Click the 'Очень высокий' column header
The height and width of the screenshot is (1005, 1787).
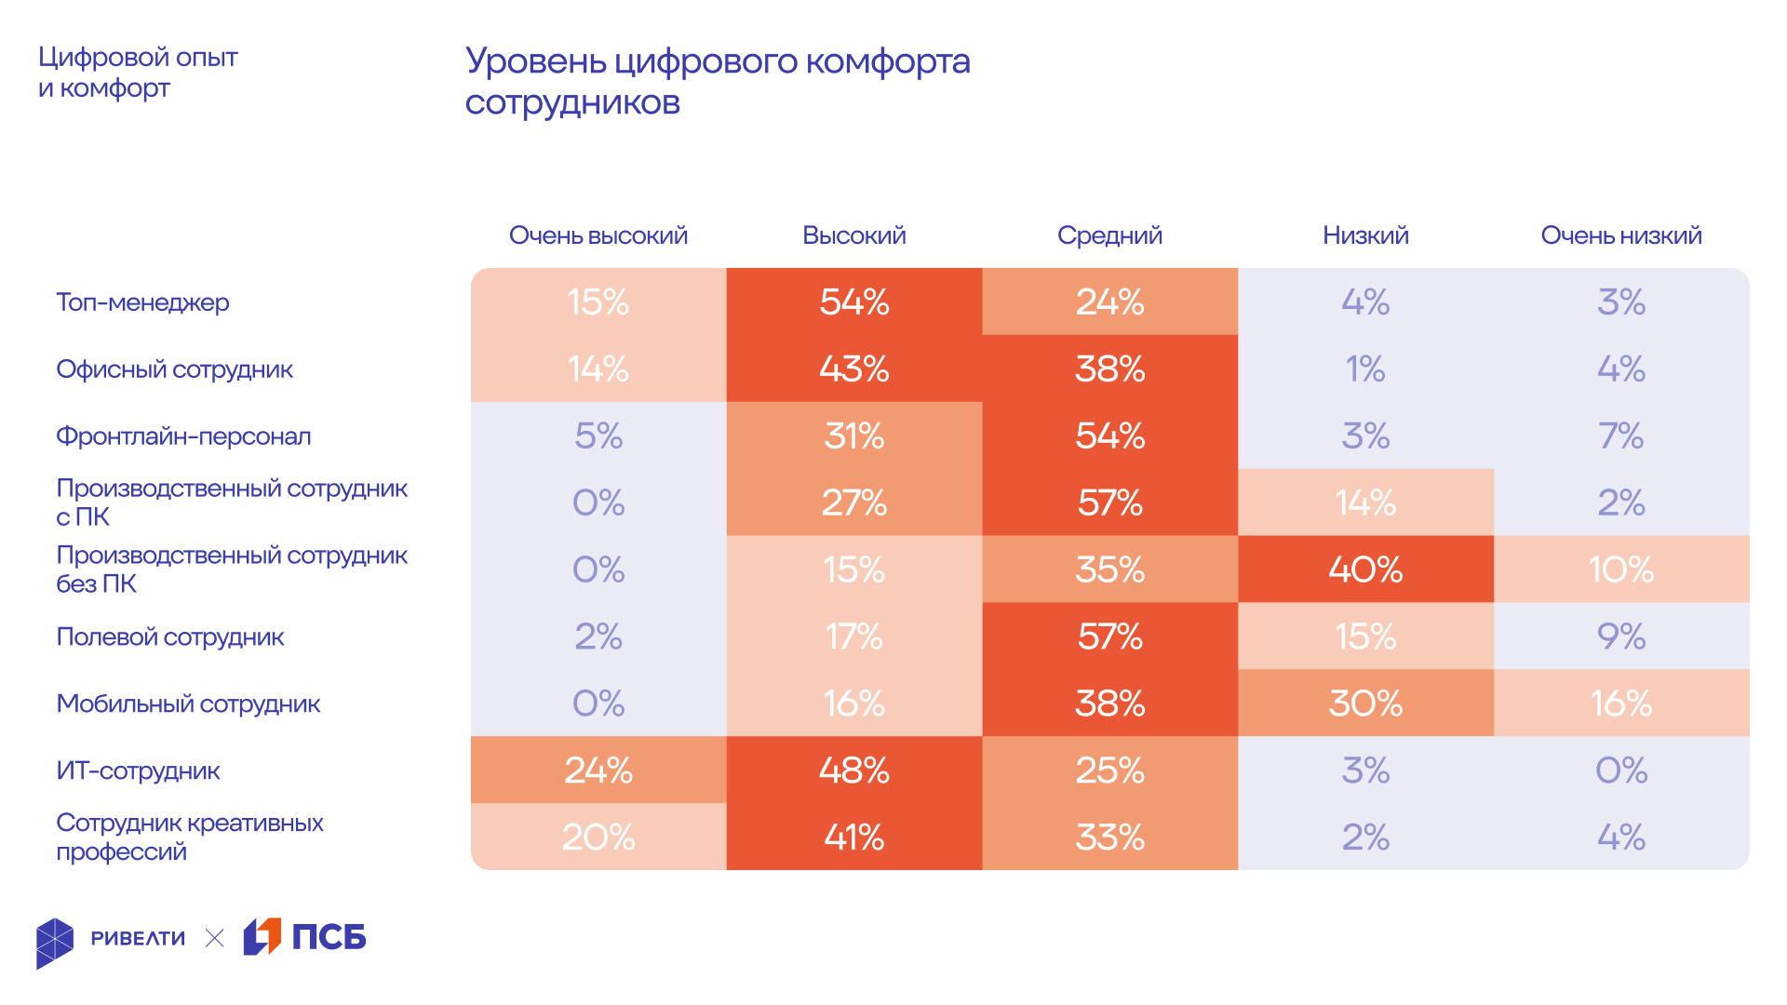(x=598, y=235)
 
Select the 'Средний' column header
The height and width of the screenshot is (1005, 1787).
(x=1109, y=235)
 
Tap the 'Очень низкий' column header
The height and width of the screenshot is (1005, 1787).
(x=1620, y=235)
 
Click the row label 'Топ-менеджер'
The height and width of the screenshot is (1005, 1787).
(x=142, y=302)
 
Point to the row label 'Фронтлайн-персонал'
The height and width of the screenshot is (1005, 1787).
(x=183, y=436)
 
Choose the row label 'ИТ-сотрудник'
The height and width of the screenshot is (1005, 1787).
(x=138, y=771)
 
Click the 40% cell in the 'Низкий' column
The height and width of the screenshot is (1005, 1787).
(x=1365, y=569)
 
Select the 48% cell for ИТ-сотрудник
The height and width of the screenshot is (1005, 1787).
(x=853, y=770)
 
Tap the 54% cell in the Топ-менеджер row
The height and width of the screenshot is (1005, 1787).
(x=853, y=301)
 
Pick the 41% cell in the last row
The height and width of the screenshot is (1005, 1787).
(x=853, y=837)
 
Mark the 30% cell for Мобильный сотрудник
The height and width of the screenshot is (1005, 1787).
(x=1365, y=703)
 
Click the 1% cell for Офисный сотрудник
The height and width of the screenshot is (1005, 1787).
(x=1365, y=368)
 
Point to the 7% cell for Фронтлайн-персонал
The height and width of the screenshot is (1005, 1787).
(x=1620, y=435)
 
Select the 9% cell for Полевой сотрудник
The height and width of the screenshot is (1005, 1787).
(x=1620, y=636)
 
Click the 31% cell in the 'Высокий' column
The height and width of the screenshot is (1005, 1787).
(x=853, y=435)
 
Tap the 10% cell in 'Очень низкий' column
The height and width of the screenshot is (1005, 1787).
(x=1620, y=569)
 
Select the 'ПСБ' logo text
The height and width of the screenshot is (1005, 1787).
(x=329, y=937)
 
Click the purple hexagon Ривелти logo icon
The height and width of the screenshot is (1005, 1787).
(x=55, y=942)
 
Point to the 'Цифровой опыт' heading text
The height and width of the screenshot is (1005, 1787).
(x=138, y=58)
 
